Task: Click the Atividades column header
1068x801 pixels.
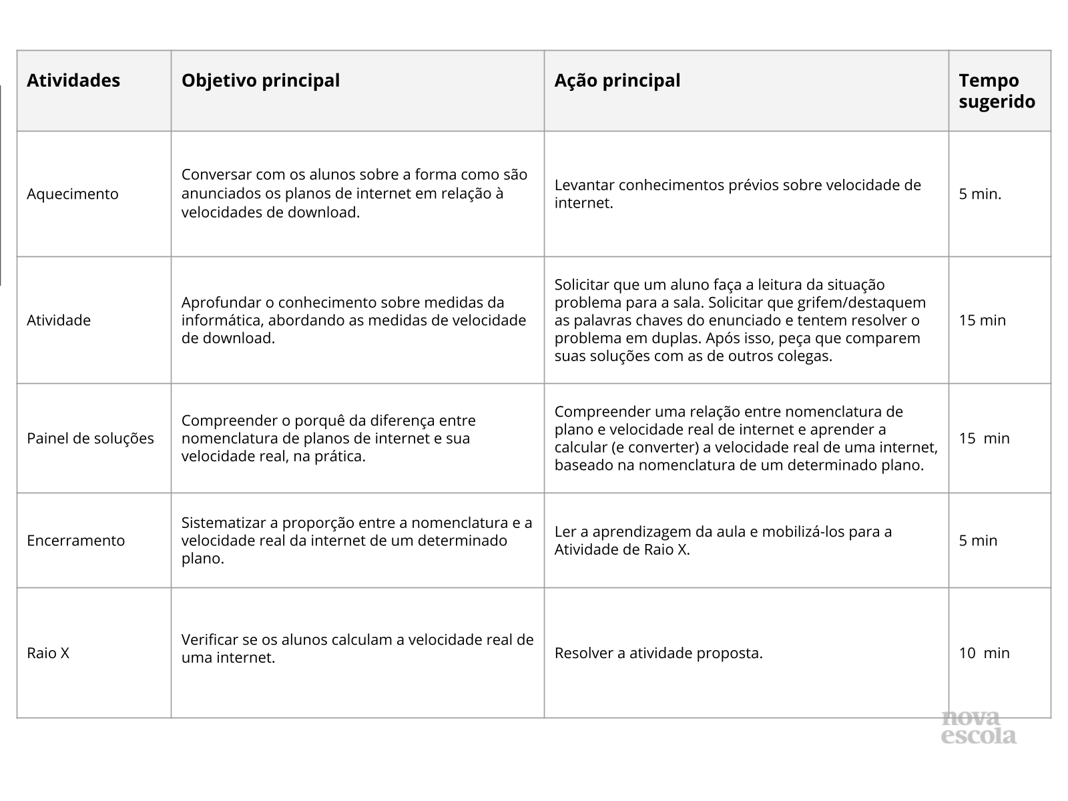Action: coord(73,81)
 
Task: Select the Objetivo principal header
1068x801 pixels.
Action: coord(260,81)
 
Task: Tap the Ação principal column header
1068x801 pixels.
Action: coord(617,81)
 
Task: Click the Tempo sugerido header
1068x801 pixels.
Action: coord(997,91)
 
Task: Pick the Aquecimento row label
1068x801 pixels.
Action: coord(72,194)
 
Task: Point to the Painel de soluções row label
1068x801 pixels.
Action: coord(90,439)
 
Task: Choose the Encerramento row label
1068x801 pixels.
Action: coord(75,541)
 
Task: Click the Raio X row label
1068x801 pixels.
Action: coord(48,653)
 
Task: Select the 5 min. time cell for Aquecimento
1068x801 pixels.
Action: coord(980,194)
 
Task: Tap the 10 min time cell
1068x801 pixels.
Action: coord(984,653)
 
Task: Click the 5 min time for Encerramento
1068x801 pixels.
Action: coord(978,541)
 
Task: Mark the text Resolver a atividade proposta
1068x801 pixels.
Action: coord(658,653)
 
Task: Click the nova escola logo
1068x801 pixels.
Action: coord(979,728)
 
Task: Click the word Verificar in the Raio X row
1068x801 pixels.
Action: coord(209,639)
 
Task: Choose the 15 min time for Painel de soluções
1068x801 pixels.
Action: coord(984,439)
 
